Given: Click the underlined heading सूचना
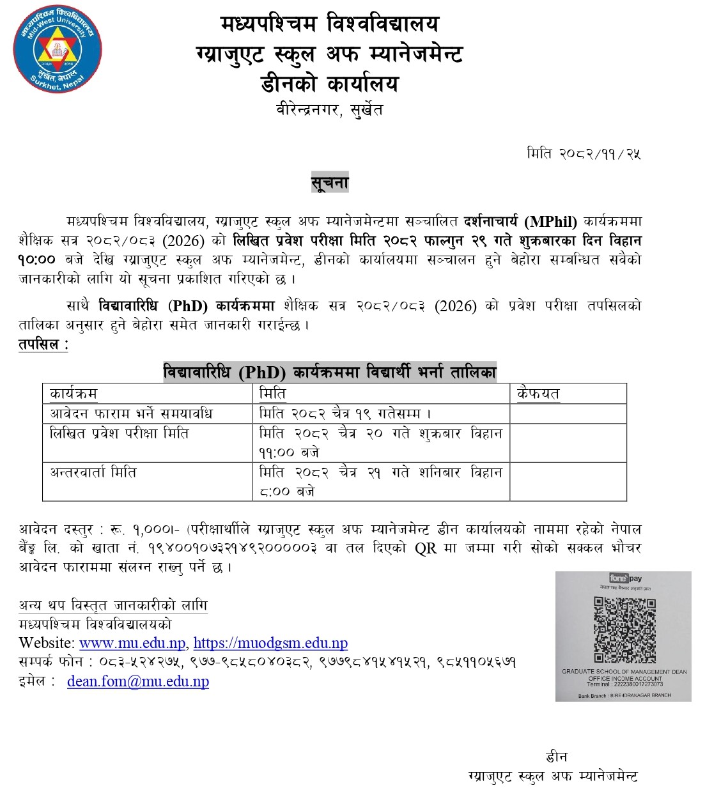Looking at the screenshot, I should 330,183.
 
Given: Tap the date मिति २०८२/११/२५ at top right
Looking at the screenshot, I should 584,153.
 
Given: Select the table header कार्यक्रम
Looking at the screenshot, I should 74,394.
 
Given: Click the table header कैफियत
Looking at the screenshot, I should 538,394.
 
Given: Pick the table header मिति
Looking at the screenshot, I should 272,394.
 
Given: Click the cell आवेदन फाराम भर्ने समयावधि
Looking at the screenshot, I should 131,413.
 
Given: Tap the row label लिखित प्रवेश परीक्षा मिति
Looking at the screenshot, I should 120,433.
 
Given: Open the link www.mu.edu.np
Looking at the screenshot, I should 132,643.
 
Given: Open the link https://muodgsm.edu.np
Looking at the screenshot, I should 270,643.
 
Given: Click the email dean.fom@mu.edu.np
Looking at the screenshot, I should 138,681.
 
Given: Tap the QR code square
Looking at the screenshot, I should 624,630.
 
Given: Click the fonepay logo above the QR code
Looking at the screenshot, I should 624,578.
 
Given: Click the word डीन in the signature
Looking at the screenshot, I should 556,757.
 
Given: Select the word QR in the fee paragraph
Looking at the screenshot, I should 426,548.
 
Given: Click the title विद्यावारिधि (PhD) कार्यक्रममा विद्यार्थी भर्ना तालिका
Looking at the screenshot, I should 330,372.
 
